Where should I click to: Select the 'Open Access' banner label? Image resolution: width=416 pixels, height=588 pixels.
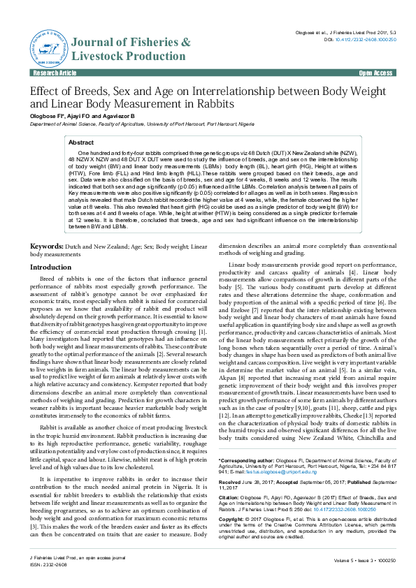(x=376, y=73)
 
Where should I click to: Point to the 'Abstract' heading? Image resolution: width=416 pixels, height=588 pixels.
(x=82, y=142)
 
